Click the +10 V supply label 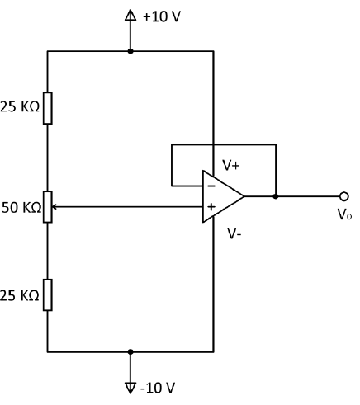[x=162, y=16]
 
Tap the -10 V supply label [x=158, y=388]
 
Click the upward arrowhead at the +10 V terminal [x=130, y=15]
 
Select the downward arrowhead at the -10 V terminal [x=130, y=388]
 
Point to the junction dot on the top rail [x=130, y=51]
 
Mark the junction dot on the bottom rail [x=130, y=351]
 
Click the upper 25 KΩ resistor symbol [x=48, y=108]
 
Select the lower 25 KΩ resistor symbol [x=48, y=295]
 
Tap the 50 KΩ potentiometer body [x=48, y=207]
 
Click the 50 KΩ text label [x=21, y=208]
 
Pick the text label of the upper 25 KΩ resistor [x=20, y=106]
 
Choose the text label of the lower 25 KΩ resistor [x=20, y=295]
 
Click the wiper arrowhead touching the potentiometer [x=54, y=207]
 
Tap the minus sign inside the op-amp [x=211, y=186]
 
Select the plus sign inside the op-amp [x=211, y=207]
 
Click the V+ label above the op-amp [x=231, y=166]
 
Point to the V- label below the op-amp [x=234, y=234]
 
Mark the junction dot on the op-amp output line [x=276, y=196]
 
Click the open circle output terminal [x=344, y=196]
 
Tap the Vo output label [x=344, y=214]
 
